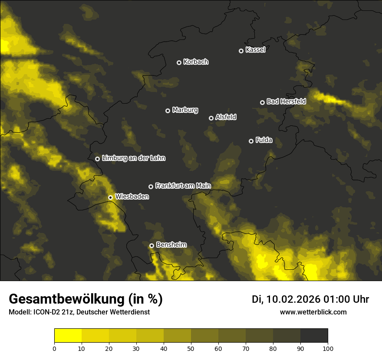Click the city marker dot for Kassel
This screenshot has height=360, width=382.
(241, 51)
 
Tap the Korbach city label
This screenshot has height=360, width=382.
(196, 62)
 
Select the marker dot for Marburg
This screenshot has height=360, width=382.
(168, 111)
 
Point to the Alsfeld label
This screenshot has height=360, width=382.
(226, 117)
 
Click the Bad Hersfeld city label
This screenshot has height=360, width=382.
(286, 101)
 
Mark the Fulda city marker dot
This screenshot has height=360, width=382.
(251, 141)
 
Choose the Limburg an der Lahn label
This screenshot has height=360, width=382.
(133, 158)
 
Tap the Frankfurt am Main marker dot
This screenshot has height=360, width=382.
(151, 187)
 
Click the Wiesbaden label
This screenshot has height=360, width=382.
(132, 196)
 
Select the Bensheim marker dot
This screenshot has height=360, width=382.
(151, 245)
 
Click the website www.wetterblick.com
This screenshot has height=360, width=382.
(313, 312)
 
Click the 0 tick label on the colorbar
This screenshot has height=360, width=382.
(54, 348)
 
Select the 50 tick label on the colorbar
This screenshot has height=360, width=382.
(191, 348)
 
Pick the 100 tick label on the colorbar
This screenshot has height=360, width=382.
(328, 348)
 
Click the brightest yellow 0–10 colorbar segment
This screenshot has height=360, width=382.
(68, 336)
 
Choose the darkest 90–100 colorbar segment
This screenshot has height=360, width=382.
(314, 336)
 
